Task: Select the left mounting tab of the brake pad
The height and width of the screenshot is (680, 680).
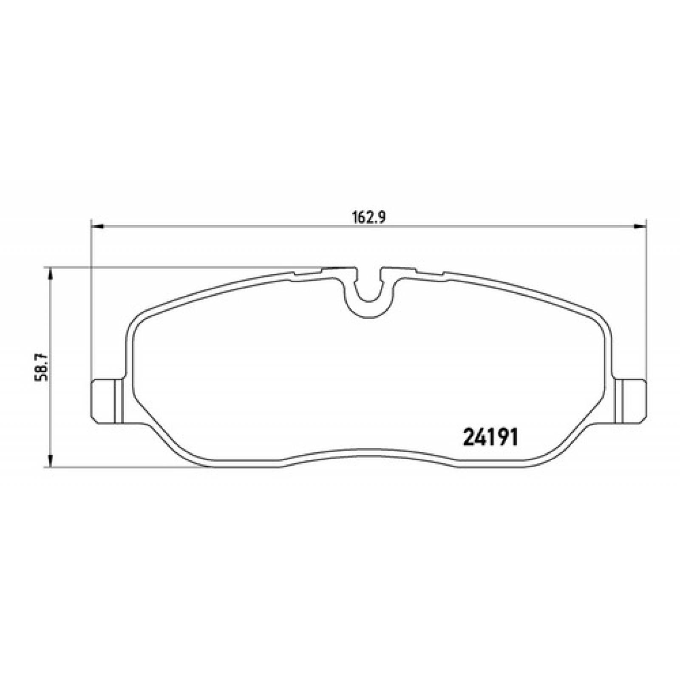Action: tap(106, 400)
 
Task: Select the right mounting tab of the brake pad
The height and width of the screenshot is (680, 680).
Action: tap(633, 400)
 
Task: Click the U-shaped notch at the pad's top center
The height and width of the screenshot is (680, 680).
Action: tap(368, 289)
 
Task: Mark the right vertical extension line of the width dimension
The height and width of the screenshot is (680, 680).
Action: tap(646, 297)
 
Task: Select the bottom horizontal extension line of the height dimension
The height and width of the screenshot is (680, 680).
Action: tap(127, 468)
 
